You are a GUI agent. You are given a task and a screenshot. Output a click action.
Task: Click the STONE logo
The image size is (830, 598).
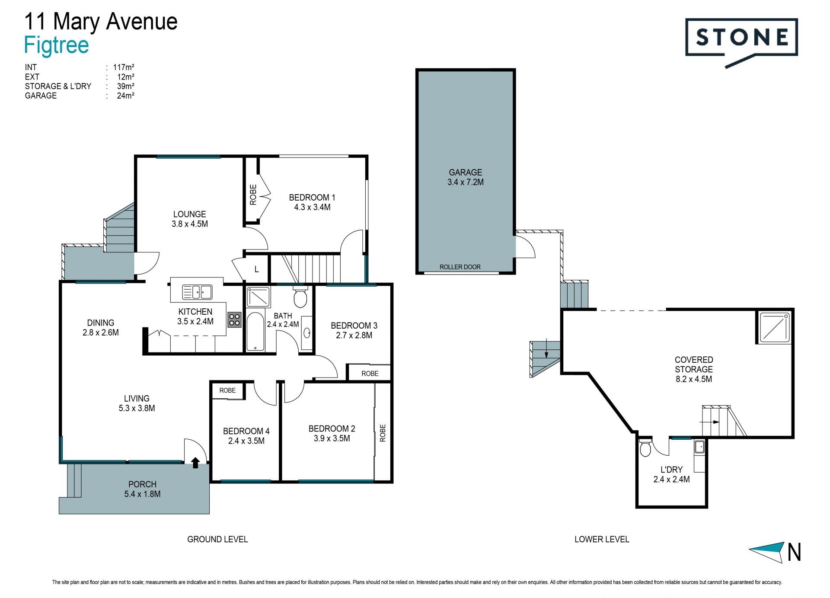741,42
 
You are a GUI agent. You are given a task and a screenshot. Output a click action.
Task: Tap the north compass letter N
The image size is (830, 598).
794,552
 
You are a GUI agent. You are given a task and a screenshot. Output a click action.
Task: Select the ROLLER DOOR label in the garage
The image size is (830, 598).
460,267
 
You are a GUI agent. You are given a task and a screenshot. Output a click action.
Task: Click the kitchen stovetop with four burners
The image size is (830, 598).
234,320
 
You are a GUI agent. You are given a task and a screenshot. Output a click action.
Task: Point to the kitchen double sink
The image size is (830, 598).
197,292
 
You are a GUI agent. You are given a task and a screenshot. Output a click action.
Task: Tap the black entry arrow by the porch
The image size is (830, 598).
195,463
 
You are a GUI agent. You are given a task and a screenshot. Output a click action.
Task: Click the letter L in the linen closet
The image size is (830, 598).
256,269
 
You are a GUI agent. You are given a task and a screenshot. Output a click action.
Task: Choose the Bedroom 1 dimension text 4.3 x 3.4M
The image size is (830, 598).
312,207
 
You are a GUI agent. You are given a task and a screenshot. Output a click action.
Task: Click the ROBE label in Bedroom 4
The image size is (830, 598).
227,390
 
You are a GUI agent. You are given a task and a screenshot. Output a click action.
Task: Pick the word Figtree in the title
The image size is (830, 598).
56,45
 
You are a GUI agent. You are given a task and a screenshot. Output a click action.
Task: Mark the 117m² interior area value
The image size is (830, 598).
124,67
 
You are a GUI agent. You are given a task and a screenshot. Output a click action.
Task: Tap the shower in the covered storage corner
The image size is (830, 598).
774,327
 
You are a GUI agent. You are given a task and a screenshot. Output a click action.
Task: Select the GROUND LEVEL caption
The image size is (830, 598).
217,539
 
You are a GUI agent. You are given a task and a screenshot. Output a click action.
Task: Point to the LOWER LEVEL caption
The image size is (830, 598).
602,539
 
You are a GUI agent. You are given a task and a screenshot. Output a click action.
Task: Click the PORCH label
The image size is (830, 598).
142,484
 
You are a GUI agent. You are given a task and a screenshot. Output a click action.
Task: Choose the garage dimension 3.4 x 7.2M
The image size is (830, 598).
466,182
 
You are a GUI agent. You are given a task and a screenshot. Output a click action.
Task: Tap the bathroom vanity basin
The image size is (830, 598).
307,333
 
